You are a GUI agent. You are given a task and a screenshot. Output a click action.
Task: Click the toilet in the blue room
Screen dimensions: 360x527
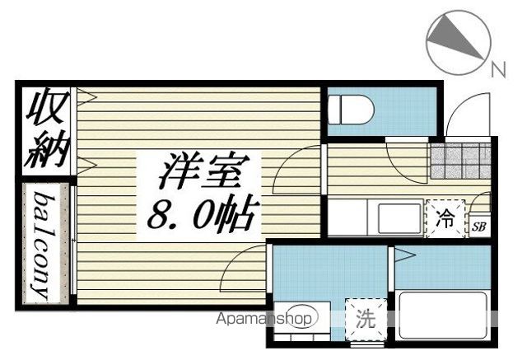(x=350, y=108)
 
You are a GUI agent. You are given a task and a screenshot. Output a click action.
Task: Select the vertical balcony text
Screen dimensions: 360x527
(x=42, y=245)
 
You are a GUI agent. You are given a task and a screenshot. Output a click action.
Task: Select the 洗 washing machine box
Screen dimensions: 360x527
(x=365, y=317)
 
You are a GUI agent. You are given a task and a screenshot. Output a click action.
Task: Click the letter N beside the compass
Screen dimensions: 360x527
(x=497, y=70)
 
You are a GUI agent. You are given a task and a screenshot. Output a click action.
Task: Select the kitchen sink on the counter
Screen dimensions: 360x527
(x=399, y=218)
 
